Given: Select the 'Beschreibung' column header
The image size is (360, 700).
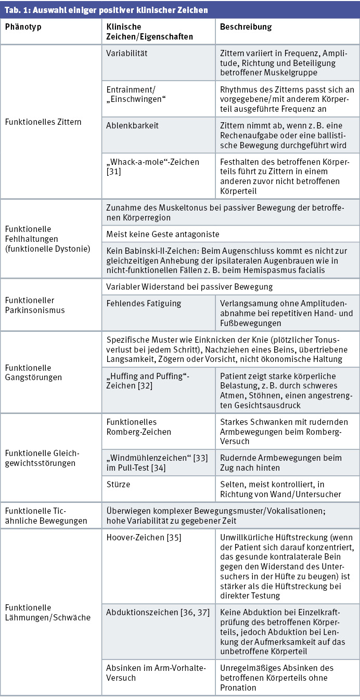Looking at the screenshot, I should click(246, 27).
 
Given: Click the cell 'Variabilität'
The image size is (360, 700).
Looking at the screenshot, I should click(126, 54).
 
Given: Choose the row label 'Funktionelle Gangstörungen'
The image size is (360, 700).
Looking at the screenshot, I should click(33, 372).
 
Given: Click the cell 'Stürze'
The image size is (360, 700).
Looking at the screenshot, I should click(118, 484).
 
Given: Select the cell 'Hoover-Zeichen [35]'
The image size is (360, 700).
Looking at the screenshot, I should click(144, 537).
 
